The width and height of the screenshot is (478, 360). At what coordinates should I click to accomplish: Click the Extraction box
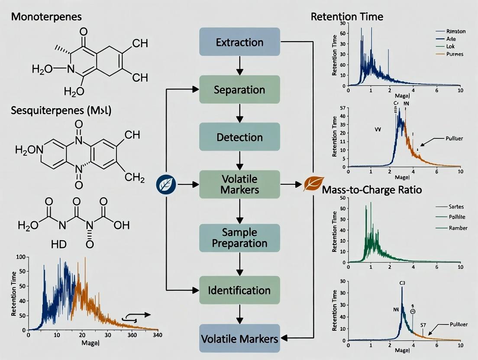coord(239,42)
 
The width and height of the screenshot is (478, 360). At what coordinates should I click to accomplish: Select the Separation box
coord(239,90)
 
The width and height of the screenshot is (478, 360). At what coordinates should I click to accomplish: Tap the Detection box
coord(239,137)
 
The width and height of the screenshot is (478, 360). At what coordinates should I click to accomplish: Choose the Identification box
coord(239,290)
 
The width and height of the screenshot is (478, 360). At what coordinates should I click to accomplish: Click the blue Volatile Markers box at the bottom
coord(239,338)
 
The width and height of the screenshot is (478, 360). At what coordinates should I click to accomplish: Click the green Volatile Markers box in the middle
coord(239,184)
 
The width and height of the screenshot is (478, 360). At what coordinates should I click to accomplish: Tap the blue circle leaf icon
coord(165,185)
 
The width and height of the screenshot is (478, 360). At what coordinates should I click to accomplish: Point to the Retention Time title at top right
coord(347,17)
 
